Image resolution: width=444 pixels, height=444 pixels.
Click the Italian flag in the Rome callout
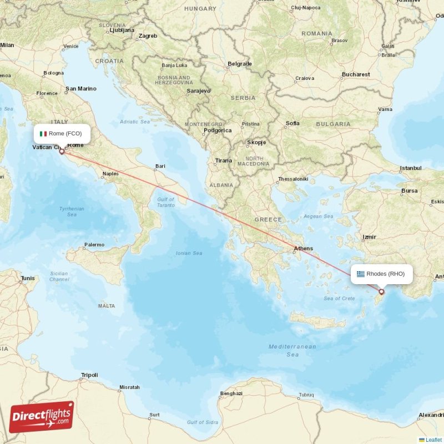point(43,134)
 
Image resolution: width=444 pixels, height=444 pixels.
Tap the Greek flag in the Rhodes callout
point(361,274)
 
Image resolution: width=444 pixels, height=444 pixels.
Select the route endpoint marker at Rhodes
point(381,291)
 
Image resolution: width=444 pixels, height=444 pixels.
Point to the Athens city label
point(303,249)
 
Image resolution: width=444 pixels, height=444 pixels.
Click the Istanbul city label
point(411,168)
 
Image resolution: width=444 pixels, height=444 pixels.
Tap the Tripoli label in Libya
point(89,375)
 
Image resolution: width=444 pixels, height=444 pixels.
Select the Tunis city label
point(27,278)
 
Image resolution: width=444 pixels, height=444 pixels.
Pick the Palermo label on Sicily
point(94,245)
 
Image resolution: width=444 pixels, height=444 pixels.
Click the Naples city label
point(110,174)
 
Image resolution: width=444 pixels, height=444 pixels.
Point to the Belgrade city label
point(240,64)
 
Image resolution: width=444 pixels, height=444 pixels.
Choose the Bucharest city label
point(356,74)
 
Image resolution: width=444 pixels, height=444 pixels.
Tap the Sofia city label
point(292,123)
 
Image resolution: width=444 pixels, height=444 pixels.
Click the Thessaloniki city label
point(292,179)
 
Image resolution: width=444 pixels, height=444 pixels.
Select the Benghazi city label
point(231,393)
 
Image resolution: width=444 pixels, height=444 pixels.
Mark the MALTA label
point(106,306)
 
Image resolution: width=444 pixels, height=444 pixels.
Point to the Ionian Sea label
point(189,253)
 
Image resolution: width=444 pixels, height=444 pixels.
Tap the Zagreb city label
point(148,36)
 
